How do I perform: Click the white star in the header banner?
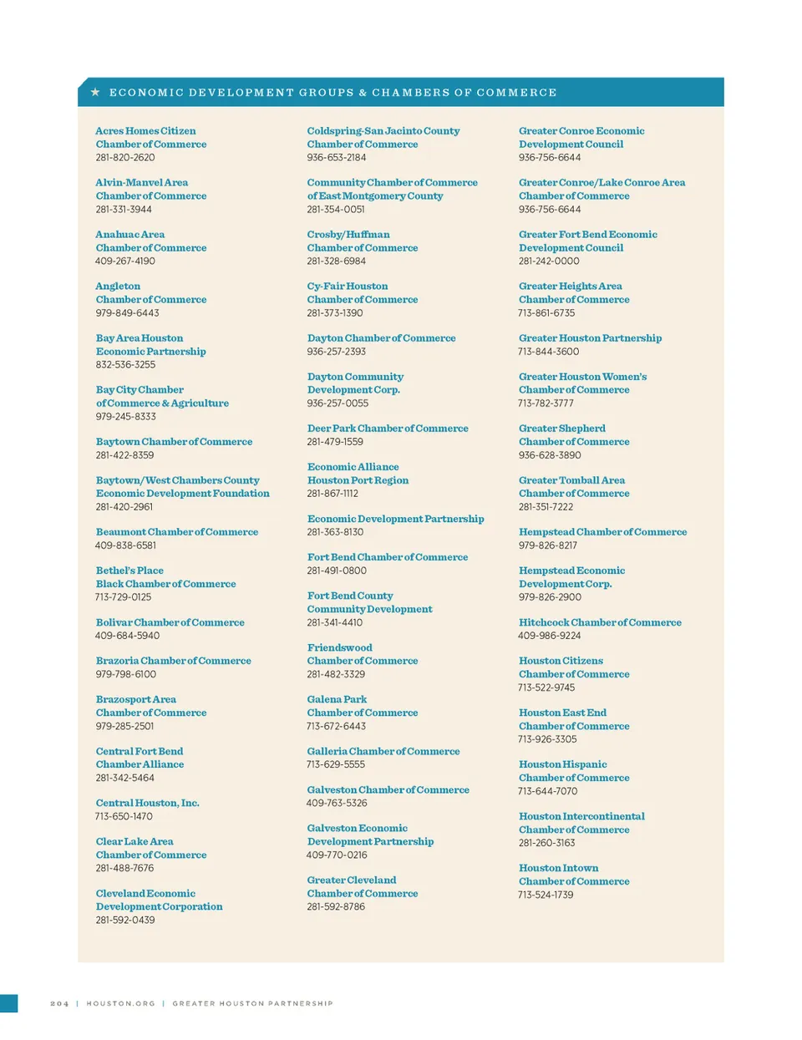pyautogui.click(x=95, y=92)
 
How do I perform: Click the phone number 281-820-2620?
pyautogui.click(x=125, y=157)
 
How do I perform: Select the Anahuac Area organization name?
pyautogui.click(x=130, y=235)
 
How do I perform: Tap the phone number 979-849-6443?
pyautogui.click(x=127, y=313)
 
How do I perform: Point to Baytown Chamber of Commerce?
pyautogui.click(x=174, y=442)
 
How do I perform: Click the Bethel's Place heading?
pyautogui.click(x=129, y=571)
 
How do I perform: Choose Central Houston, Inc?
pyautogui.click(x=147, y=803)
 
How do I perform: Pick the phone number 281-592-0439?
pyautogui.click(x=125, y=920)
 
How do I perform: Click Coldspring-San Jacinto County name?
pyautogui.click(x=383, y=131)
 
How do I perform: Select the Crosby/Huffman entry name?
pyautogui.click(x=348, y=235)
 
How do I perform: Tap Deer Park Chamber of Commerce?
pyautogui.click(x=388, y=429)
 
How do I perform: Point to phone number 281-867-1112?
pyautogui.click(x=332, y=494)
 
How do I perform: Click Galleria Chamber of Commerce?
pyautogui.click(x=383, y=751)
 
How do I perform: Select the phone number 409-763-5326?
pyautogui.click(x=337, y=803)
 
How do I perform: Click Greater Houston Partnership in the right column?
pyautogui.click(x=590, y=338)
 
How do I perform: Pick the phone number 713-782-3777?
pyautogui.click(x=546, y=403)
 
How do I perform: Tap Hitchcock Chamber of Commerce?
pyautogui.click(x=600, y=622)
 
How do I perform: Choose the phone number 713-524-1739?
pyautogui.click(x=546, y=895)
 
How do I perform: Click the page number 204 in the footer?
pyautogui.click(x=59, y=1003)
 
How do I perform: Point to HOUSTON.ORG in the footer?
pyautogui.click(x=121, y=1003)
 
